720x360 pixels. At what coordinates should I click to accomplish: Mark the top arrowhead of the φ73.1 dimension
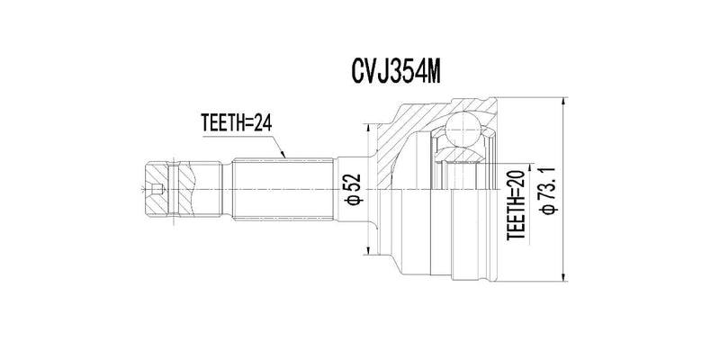[562, 96]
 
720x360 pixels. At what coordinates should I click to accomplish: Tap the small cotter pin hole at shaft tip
[158, 189]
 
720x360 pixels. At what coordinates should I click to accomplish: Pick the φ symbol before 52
[354, 199]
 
